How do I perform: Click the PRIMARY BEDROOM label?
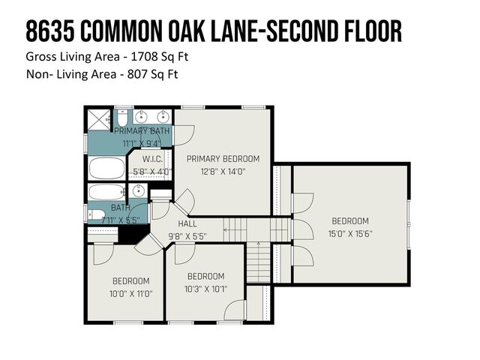coord(223,158)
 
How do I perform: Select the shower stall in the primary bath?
coord(97,120)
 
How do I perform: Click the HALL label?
coord(187,224)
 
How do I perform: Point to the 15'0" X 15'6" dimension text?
coord(350,233)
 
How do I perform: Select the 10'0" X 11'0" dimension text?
coord(131,293)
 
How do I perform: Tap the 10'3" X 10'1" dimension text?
coord(205,289)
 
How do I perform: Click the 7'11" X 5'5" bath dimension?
coord(121,221)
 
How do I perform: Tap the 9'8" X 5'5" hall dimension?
coord(187,236)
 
